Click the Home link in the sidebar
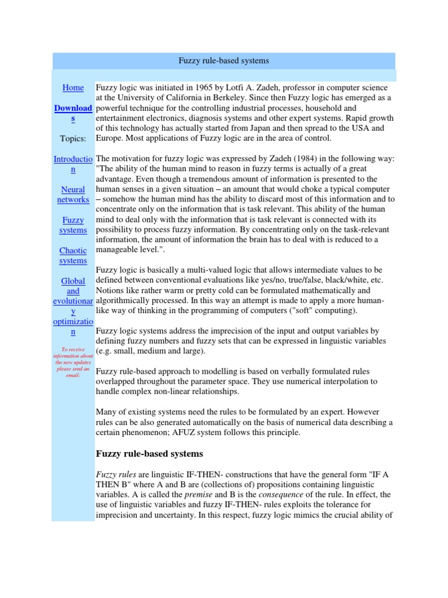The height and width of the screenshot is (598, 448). (73, 88)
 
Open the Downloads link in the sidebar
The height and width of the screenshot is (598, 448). (73, 113)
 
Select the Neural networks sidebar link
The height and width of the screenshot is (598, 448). (73, 194)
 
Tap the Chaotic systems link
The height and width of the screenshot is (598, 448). (73, 255)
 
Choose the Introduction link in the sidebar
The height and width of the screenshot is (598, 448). (73, 164)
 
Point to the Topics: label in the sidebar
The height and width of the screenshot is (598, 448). (73, 138)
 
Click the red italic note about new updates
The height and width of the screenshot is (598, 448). (73, 362)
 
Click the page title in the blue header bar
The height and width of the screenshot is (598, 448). (223, 61)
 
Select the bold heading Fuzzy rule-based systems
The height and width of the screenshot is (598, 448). (149, 453)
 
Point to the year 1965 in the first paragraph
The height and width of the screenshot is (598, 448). (207, 88)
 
